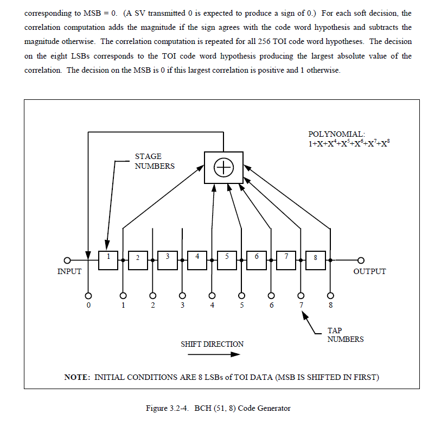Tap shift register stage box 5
click(x=227, y=260)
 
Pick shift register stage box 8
click(x=315, y=260)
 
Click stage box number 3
click(x=168, y=260)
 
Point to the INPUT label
click(x=69, y=271)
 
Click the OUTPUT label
click(x=369, y=271)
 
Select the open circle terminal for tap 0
click(x=87, y=296)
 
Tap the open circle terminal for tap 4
click(x=212, y=296)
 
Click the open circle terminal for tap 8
click(x=330, y=296)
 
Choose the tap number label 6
click(x=271, y=306)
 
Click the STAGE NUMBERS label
click(x=155, y=161)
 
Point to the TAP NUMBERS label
click(x=345, y=335)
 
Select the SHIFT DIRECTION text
click(x=212, y=344)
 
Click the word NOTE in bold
click(x=77, y=377)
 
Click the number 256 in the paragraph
click(x=277, y=41)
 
